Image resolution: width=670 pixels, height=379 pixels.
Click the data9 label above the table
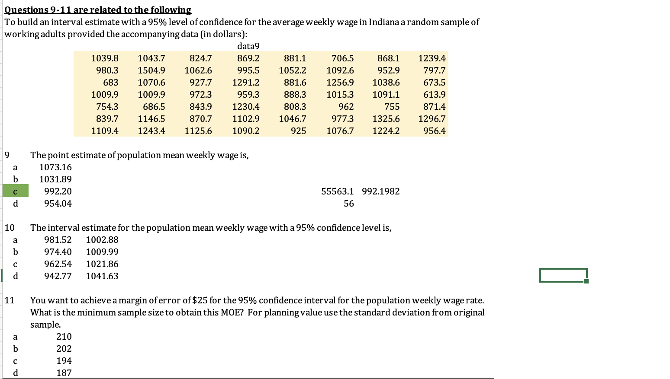coord(248,46)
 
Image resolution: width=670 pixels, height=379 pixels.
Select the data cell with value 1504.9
coord(151,70)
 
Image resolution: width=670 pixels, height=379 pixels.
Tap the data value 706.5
coord(342,58)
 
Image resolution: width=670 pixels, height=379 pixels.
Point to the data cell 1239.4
coord(432,58)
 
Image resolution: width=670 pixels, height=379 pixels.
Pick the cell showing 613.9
coord(435,95)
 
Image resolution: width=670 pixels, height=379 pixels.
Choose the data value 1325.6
coord(386,119)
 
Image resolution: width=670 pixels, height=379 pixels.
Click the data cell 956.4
coord(435,131)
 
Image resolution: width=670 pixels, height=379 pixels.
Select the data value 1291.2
coord(246,83)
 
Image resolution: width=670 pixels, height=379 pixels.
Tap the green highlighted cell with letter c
coord(16,191)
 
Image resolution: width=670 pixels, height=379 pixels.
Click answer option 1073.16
coord(55,167)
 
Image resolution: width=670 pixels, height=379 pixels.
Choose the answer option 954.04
coord(58,204)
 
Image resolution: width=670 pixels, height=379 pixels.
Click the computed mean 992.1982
coord(381,191)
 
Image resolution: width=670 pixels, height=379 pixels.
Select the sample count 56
coord(348,204)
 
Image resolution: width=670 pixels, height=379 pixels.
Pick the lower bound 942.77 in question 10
coord(58,276)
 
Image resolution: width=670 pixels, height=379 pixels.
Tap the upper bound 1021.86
coord(102,264)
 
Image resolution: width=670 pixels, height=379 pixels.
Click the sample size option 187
coord(64,373)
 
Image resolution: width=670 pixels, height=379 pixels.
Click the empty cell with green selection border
coord(563,275)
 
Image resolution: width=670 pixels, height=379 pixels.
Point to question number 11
coord(10,300)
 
